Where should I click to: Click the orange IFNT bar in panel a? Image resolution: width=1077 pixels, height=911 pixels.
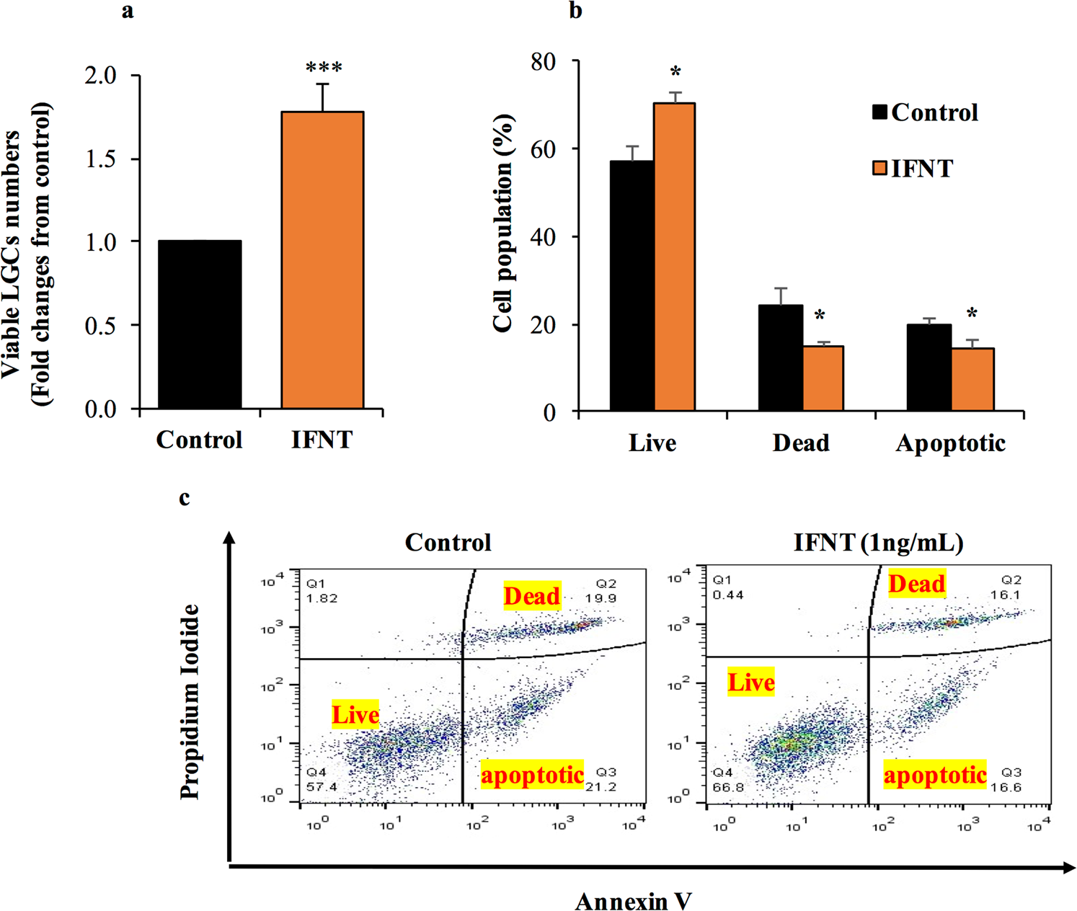click(322, 261)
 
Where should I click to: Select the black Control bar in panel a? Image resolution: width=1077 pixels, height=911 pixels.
click(200, 325)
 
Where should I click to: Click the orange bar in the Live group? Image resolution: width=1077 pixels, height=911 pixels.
click(675, 257)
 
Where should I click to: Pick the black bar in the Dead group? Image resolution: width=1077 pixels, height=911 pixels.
click(781, 358)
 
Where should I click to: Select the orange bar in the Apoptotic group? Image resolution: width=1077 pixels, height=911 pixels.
click(972, 380)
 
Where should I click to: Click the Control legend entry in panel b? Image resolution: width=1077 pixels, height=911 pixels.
click(926, 113)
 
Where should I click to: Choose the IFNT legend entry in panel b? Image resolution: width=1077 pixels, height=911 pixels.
click(913, 169)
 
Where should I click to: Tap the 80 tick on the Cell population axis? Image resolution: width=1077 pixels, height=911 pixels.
click(544, 62)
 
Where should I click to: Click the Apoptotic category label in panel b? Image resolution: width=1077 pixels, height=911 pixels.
click(950, 443)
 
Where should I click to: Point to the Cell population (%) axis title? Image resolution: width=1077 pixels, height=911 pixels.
click(503, 223)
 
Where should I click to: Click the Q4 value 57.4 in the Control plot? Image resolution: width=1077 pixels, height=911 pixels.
click(322, 786)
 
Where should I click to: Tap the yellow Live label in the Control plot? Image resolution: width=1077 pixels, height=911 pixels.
click(355, 715)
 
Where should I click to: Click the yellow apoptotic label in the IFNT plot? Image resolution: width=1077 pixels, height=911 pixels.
click(935, 776)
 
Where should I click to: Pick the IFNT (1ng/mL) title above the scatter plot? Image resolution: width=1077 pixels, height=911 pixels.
click(878, 542)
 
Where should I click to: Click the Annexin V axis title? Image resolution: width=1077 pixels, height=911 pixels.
click(633, 900)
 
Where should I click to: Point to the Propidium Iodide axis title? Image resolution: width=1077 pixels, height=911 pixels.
click(190, 701)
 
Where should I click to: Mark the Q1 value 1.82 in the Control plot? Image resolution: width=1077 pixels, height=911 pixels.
click(322, 598)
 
